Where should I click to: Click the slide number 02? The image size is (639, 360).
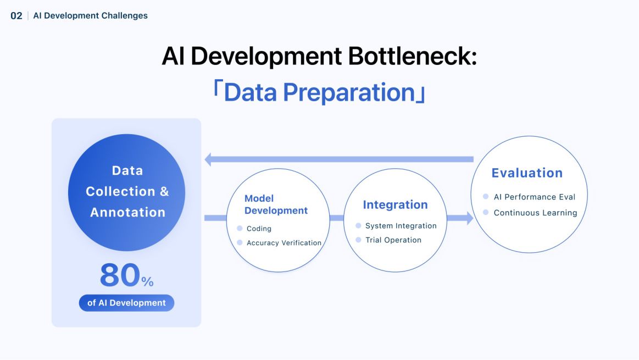[x=16, y=15]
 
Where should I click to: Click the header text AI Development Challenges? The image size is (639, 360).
[x=90, y=15]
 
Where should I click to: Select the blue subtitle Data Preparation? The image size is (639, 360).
[x=319, y=92]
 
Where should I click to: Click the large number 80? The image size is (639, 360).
[x=120, y=275]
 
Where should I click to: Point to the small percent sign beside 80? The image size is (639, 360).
[x=147, y=282]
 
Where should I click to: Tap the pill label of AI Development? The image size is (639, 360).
[x=126, y=303]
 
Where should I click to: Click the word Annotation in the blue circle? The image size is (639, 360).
[x=127, y=212]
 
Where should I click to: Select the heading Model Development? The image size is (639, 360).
[x=276, y=204]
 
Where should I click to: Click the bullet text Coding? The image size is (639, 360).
[x=259, y=229]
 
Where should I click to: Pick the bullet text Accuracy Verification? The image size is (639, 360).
[x=284, y=243]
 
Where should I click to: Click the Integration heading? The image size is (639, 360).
[x=395, y=205]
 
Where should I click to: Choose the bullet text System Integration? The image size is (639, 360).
[x=401, y=226]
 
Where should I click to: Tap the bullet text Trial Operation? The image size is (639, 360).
[x=393, y=240]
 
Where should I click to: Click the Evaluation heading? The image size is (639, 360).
[x=527, y=173]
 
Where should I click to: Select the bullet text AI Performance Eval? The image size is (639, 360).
[x=534, y=197]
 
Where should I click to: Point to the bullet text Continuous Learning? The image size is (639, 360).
[x=535, y=213]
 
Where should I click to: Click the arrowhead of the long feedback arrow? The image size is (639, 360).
[x=208, y=160]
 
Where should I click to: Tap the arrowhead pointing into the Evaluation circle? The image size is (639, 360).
[x=469, y=218]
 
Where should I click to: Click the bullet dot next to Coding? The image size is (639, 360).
[x=240, y=228]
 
